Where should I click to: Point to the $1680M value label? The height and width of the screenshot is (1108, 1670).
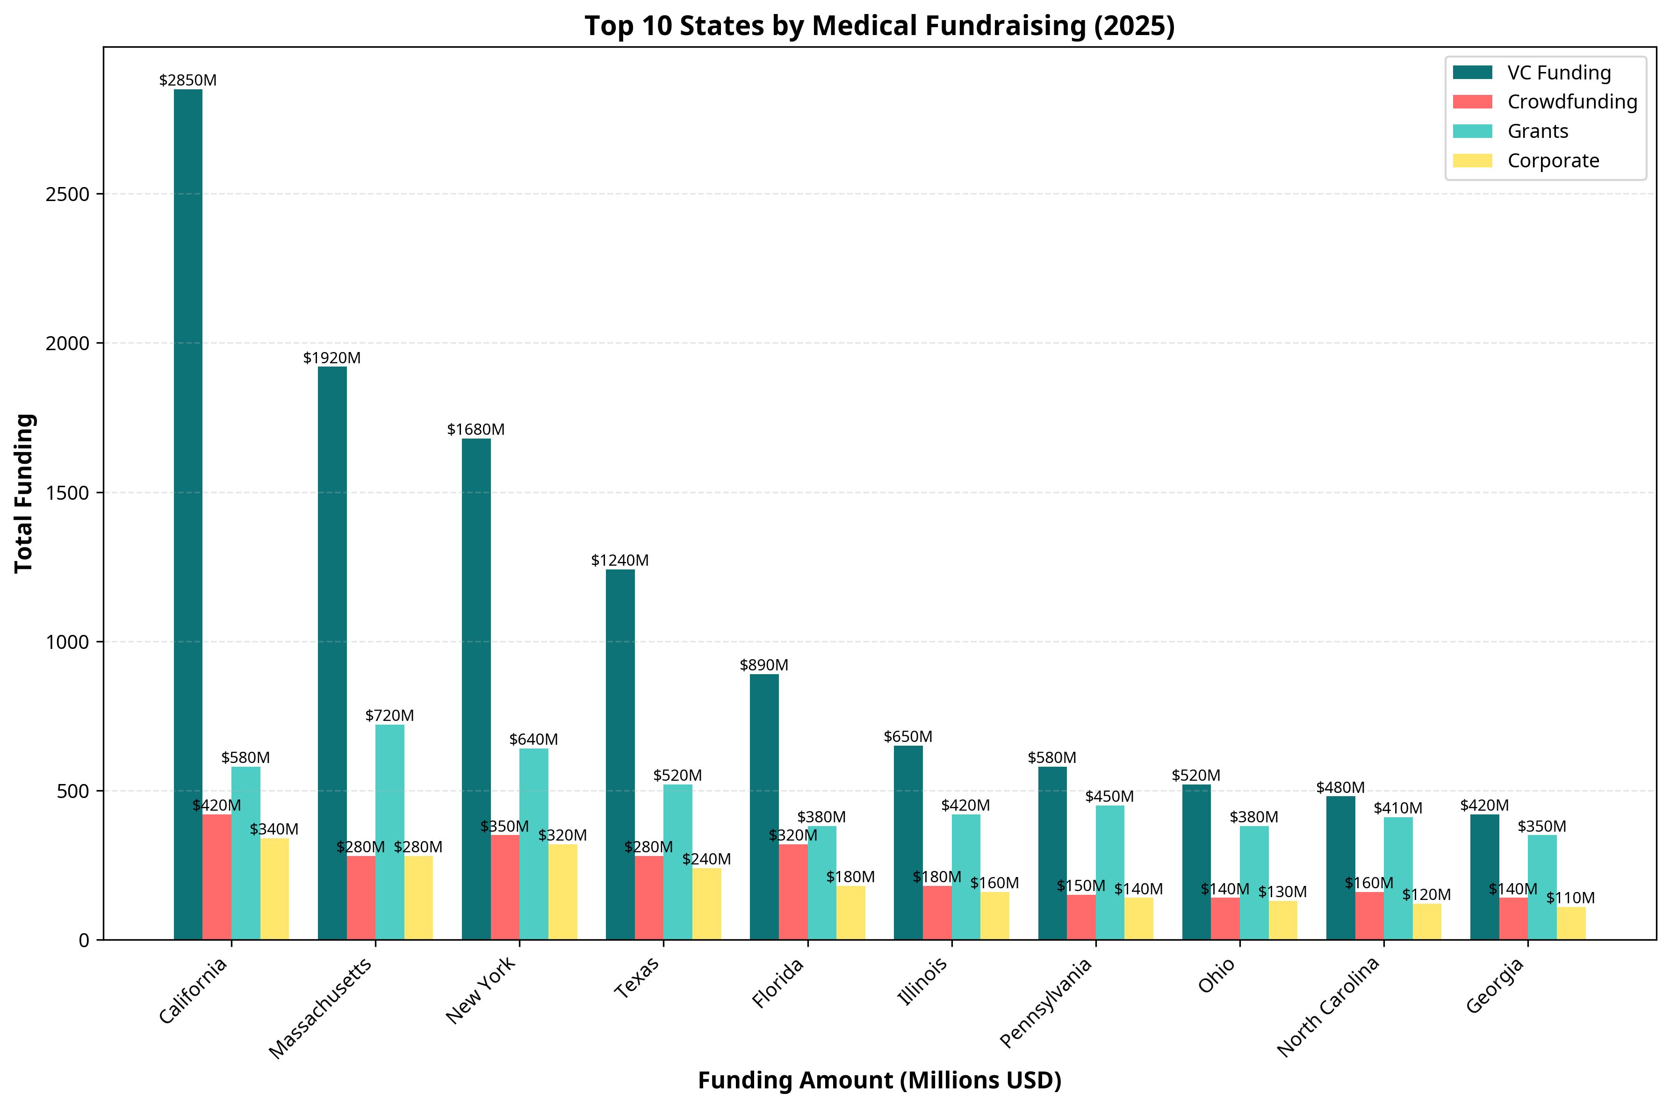coord(475,430)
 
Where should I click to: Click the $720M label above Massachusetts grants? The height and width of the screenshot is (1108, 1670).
coord(389,715)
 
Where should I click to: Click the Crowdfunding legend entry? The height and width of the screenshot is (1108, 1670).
coord(1572,102)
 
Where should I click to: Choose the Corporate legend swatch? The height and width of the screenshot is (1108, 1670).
coord(1472,160)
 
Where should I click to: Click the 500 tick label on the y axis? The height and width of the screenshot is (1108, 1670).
coord(73,791)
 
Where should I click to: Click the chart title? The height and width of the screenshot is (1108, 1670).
coord(879,26)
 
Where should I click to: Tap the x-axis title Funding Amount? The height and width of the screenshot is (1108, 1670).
coord(879,1080)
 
